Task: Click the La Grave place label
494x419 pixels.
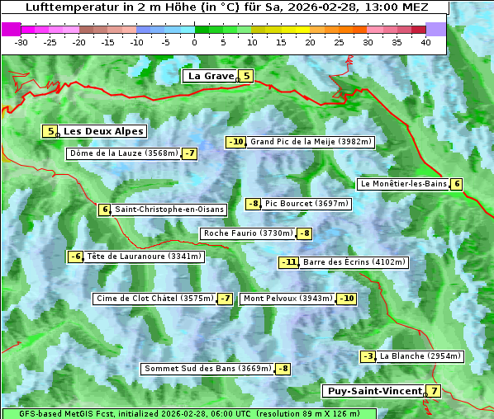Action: click(211, 76)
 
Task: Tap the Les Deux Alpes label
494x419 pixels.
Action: click(103, 131)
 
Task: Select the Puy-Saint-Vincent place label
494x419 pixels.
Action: click(373, 391)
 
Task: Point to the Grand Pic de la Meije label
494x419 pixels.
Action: click(311, 142)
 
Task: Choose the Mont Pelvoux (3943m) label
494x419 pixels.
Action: click(287, 299)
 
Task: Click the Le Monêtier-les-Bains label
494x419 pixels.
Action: click(402, 184)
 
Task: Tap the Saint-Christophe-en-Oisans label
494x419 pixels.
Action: click(169, 209)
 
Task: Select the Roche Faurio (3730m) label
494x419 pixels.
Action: click(249, 233)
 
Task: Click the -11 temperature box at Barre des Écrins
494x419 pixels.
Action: click(288, 262)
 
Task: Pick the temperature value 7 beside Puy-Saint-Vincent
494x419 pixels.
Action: click(435, 391)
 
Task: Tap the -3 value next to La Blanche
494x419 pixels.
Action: click(368, 356)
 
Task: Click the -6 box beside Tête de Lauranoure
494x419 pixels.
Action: click(76, 257)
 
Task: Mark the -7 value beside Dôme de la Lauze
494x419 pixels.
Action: click(190, 153)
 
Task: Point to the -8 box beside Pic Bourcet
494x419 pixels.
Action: click(254, 204)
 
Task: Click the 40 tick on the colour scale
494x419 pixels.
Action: click(425, 42)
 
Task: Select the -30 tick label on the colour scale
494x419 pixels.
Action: click(21, 42)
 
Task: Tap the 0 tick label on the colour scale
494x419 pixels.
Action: click(195, 42)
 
